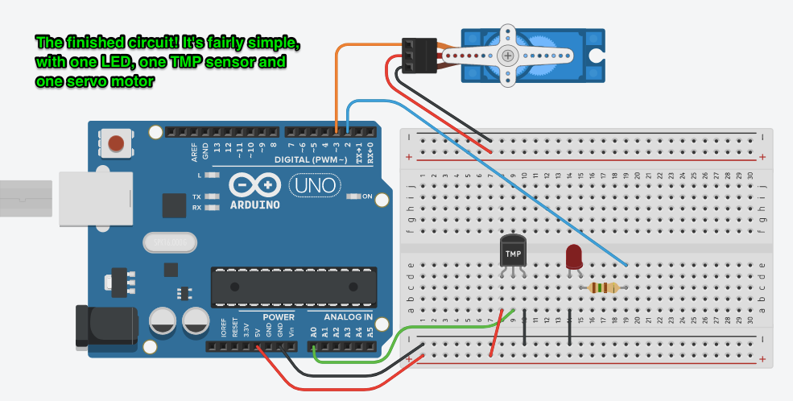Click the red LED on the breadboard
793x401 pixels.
574,257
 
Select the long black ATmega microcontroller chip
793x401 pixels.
294,287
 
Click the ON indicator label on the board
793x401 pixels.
367,196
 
